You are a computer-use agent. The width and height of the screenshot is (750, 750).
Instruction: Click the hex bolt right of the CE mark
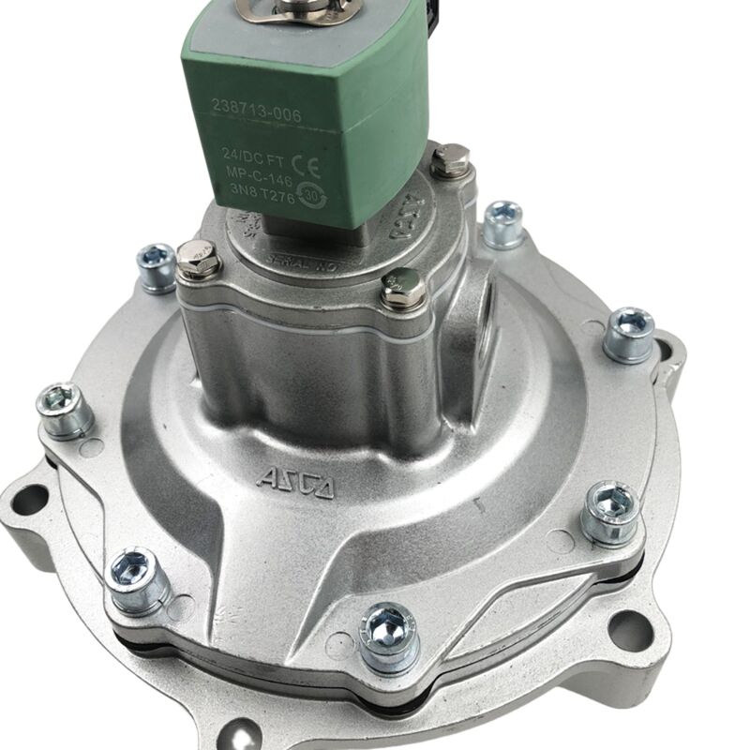click(x=451, y=161)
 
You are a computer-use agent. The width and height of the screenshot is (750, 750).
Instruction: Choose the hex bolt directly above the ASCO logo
click(x=404, y=289)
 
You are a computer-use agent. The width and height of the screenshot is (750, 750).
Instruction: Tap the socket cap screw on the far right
click(x=628, y=333)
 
